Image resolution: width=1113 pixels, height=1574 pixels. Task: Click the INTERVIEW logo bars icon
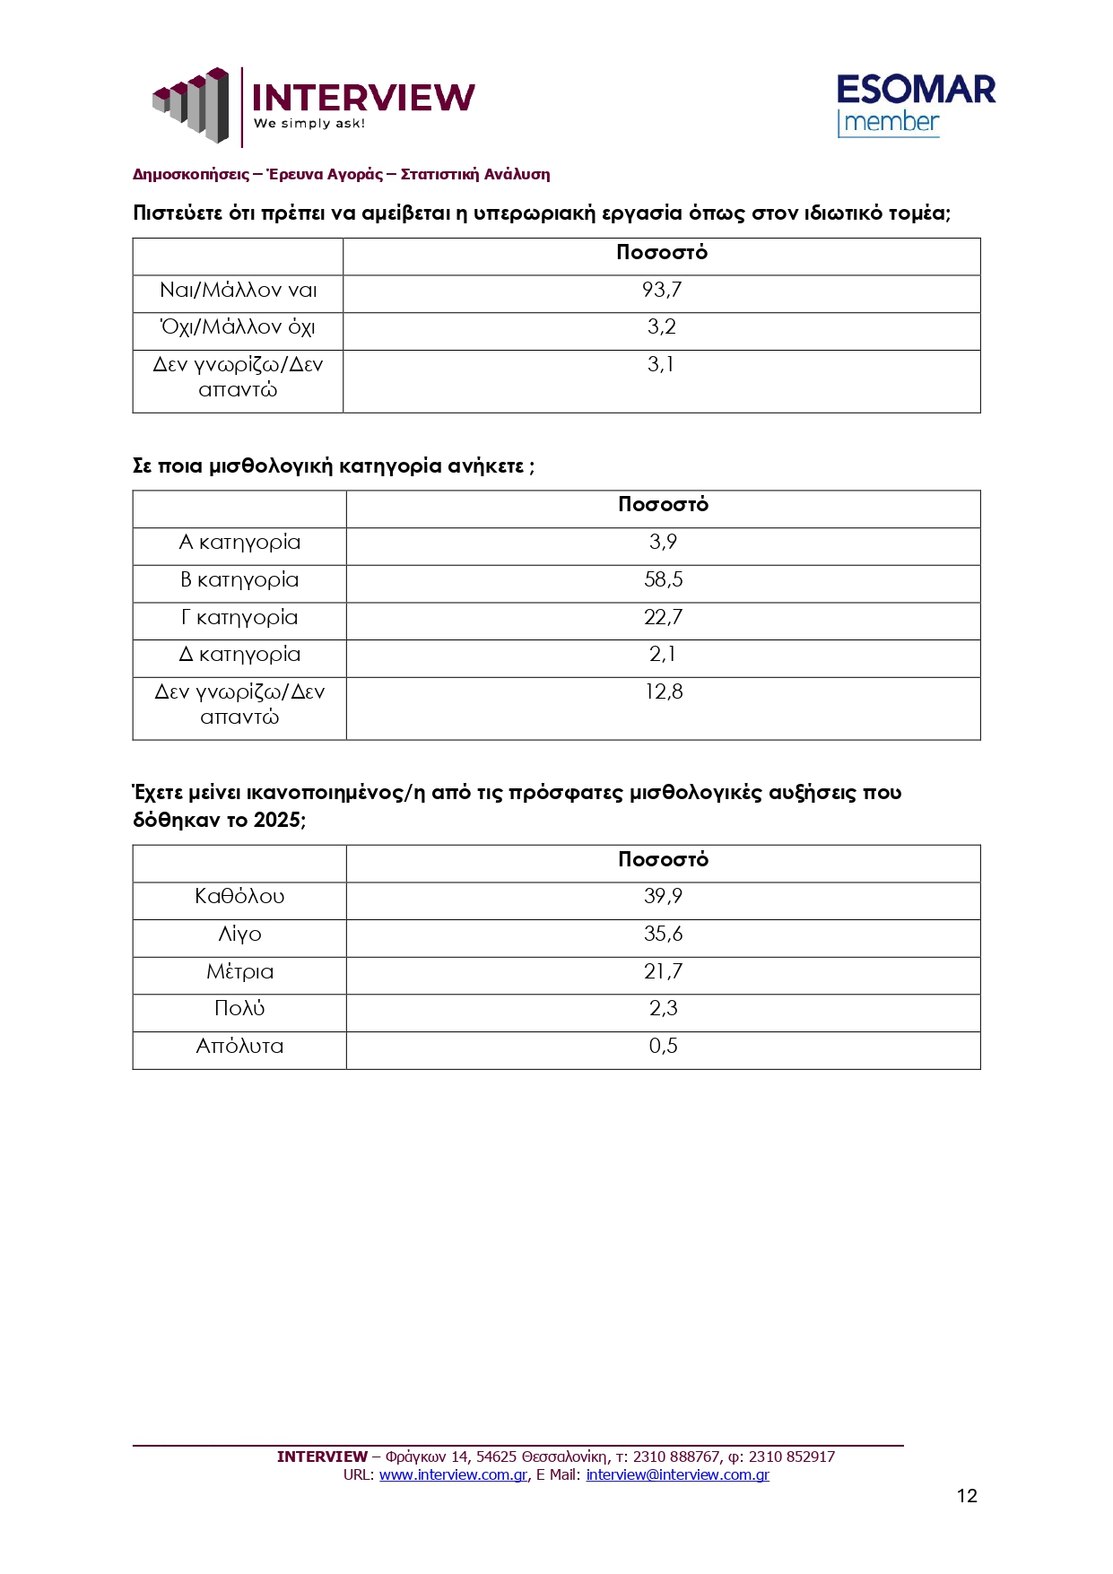pyautogui.click(x=191, y=104)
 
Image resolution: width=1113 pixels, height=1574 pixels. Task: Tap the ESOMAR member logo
pyautogui.click(x=916, y=105)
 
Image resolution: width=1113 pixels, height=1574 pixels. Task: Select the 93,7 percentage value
pyautogui.click(x=662, y=290)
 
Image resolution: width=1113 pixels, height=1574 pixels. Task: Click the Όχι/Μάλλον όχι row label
pyautogui.click(x=238, y=327)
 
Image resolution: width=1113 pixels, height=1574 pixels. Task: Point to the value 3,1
pyautogui.click(x=661, y=364)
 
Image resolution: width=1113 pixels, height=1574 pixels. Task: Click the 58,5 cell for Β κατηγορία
pyautogui.click(x=664, y=579)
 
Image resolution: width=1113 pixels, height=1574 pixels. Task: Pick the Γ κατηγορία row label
pyautogui.click(x=239, y=617)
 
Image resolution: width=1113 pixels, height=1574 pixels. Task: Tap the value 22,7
pyautogui.click(x=664, y=617)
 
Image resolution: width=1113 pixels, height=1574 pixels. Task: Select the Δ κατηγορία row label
pyautogui.click(x=239, y=655)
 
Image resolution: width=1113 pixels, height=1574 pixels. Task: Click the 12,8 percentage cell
pyautogui.click(x=664, y=691)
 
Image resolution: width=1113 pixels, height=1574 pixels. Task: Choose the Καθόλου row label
pyautogui.click(x=239, y=896)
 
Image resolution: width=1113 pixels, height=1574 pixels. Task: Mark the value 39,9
pyautogui.click(x=664, y=896)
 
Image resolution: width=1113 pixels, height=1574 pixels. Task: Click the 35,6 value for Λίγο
pyautogui.click(x=664, y=934)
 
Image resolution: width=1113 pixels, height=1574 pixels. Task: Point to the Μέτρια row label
pyautogui.click(x=239, y=971)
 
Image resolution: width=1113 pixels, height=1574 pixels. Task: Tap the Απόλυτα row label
pyautogui.click(x=239, y=1046)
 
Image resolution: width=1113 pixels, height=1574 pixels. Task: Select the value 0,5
pyautogui.click(x=664, y=1046)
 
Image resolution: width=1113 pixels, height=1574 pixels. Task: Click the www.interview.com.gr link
pyautogui.click(x=453, y=1474)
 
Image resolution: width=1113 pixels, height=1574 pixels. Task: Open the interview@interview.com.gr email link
pyautogui.click(x=677, y=1474)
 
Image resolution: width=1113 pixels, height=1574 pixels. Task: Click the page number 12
pyautogui.click(x=967, y=1495)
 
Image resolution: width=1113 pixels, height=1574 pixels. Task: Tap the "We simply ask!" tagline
pyautogui.click(x=309, y=124)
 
